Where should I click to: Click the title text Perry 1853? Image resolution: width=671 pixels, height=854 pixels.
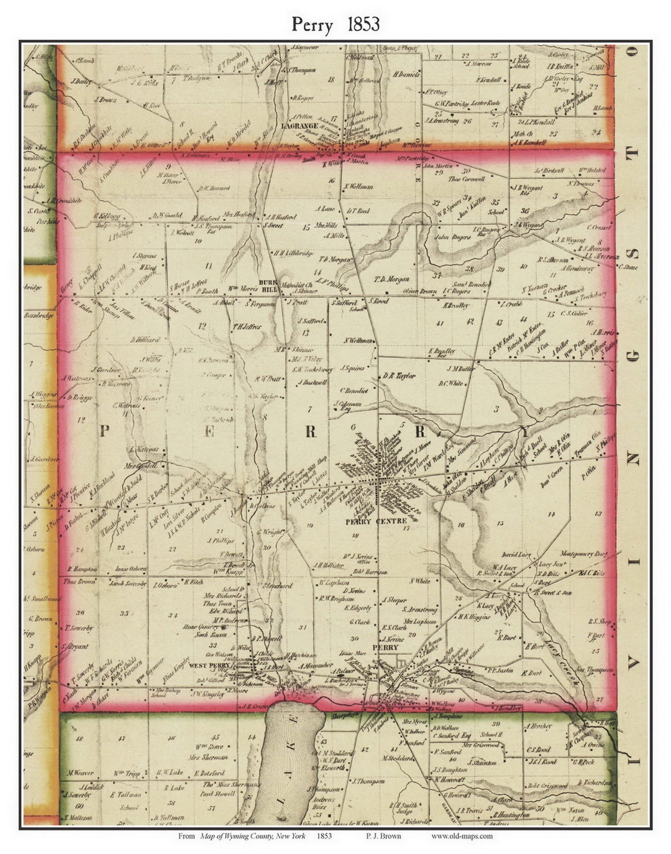(x=335, y=24)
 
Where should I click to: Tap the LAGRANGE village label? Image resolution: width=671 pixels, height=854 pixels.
(x=299, y=126)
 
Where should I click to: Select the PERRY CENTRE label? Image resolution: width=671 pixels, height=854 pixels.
(x=376, y=521)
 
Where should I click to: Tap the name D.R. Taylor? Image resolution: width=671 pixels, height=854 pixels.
(x=399, y=376)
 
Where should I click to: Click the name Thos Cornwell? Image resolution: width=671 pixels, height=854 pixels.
(x=466, y=178)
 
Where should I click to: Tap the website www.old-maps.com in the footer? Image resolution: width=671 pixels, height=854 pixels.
(x=462, y=836)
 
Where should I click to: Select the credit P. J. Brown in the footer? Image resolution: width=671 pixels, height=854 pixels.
(x=380, y=836)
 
